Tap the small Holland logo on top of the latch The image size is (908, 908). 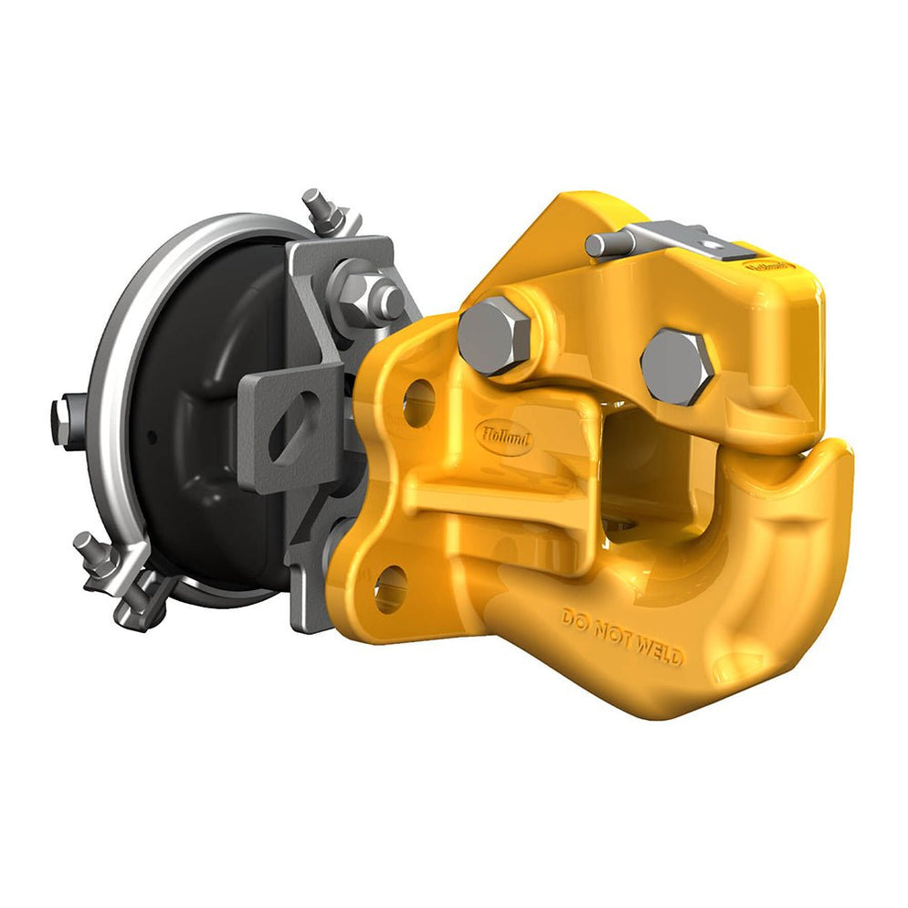771,266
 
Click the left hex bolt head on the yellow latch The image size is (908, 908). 493,335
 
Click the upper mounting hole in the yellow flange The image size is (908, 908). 417,401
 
